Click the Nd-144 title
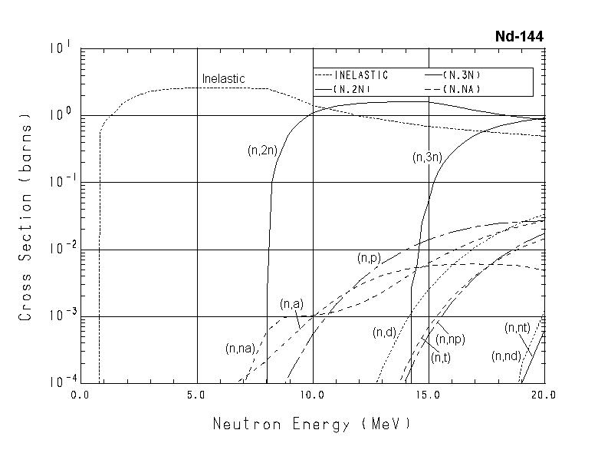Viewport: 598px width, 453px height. click(519, 36)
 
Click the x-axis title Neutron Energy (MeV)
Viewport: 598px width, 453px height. click(311, 423)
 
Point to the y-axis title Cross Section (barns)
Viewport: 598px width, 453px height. click(26, 218)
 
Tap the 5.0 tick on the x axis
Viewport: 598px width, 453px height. click(196, 396)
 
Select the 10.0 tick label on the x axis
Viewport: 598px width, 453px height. click(313, 396)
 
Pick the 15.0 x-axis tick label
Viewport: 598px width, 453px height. click(428, 396)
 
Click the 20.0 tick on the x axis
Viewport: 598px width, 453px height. click(543, 396)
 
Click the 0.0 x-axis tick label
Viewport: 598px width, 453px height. click(80, 396)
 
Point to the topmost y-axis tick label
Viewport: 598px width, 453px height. click(61, 49)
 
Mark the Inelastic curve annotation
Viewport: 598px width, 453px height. click(223, 79)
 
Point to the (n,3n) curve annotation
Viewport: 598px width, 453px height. click(427, 157)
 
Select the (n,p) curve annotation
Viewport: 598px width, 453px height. click(369, 259)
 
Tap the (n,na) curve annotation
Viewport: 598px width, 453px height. click(241, 349)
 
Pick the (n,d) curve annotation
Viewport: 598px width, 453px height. click(384, 332)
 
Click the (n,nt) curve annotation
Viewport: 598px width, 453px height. click(517, 328)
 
